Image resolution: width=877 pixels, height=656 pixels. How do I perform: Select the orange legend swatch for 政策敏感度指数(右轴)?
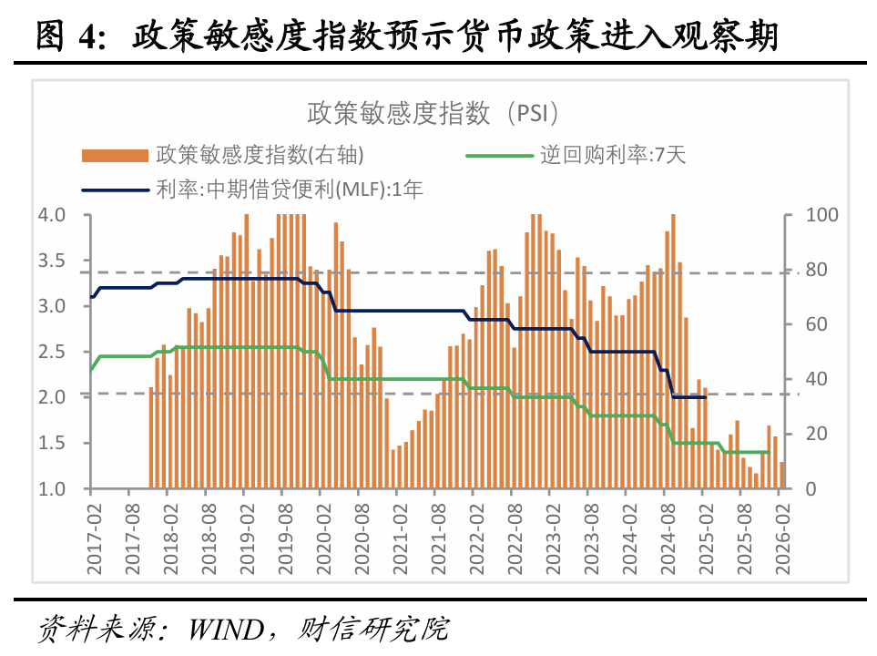(x=114, y=155)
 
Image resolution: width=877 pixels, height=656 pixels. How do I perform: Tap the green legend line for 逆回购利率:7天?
(x=498, y=155)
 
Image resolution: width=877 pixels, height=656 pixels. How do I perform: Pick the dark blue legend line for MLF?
(x=114, y=190)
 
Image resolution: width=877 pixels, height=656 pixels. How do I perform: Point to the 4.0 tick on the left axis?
(x=51, y=215)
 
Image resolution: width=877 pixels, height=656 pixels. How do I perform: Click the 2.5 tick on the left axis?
(x=51, y=352)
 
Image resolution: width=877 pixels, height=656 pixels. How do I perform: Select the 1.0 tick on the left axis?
(x=51, y=489)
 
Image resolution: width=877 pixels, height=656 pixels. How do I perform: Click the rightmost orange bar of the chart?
(x=781, y=475)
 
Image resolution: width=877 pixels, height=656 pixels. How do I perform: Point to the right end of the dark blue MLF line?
(x=706, y=396)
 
